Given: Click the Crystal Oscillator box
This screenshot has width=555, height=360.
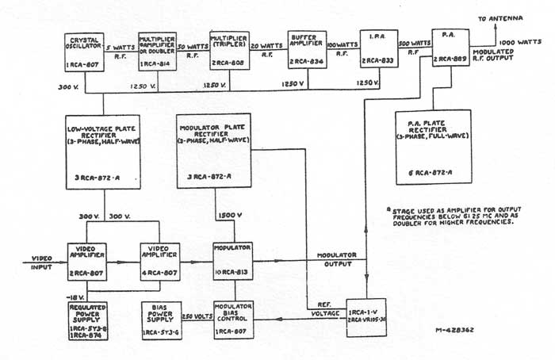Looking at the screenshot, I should (x=84, y=52).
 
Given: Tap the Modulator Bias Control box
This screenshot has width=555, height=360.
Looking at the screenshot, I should (x=232, y=316).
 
